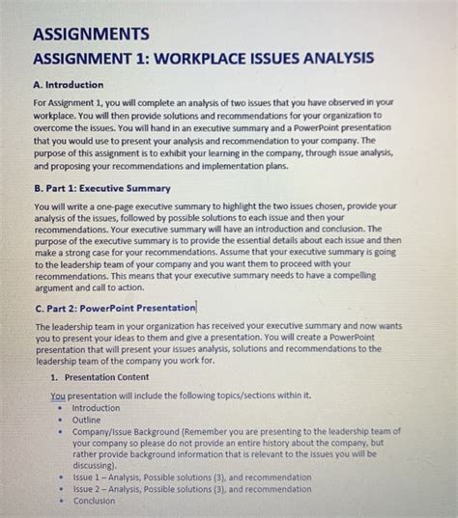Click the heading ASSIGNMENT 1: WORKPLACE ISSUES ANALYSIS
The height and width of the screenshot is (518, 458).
coord(204,59)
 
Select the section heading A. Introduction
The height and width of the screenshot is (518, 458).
coord(73,84)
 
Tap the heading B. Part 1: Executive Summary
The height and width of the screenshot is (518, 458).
coord(101,187)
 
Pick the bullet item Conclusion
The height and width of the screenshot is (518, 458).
coord(94,501)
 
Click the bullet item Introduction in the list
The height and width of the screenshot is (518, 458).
coord(97,407)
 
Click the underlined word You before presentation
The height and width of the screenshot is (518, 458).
coord(57,395)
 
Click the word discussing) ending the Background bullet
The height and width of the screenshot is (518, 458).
coord(98,464)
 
